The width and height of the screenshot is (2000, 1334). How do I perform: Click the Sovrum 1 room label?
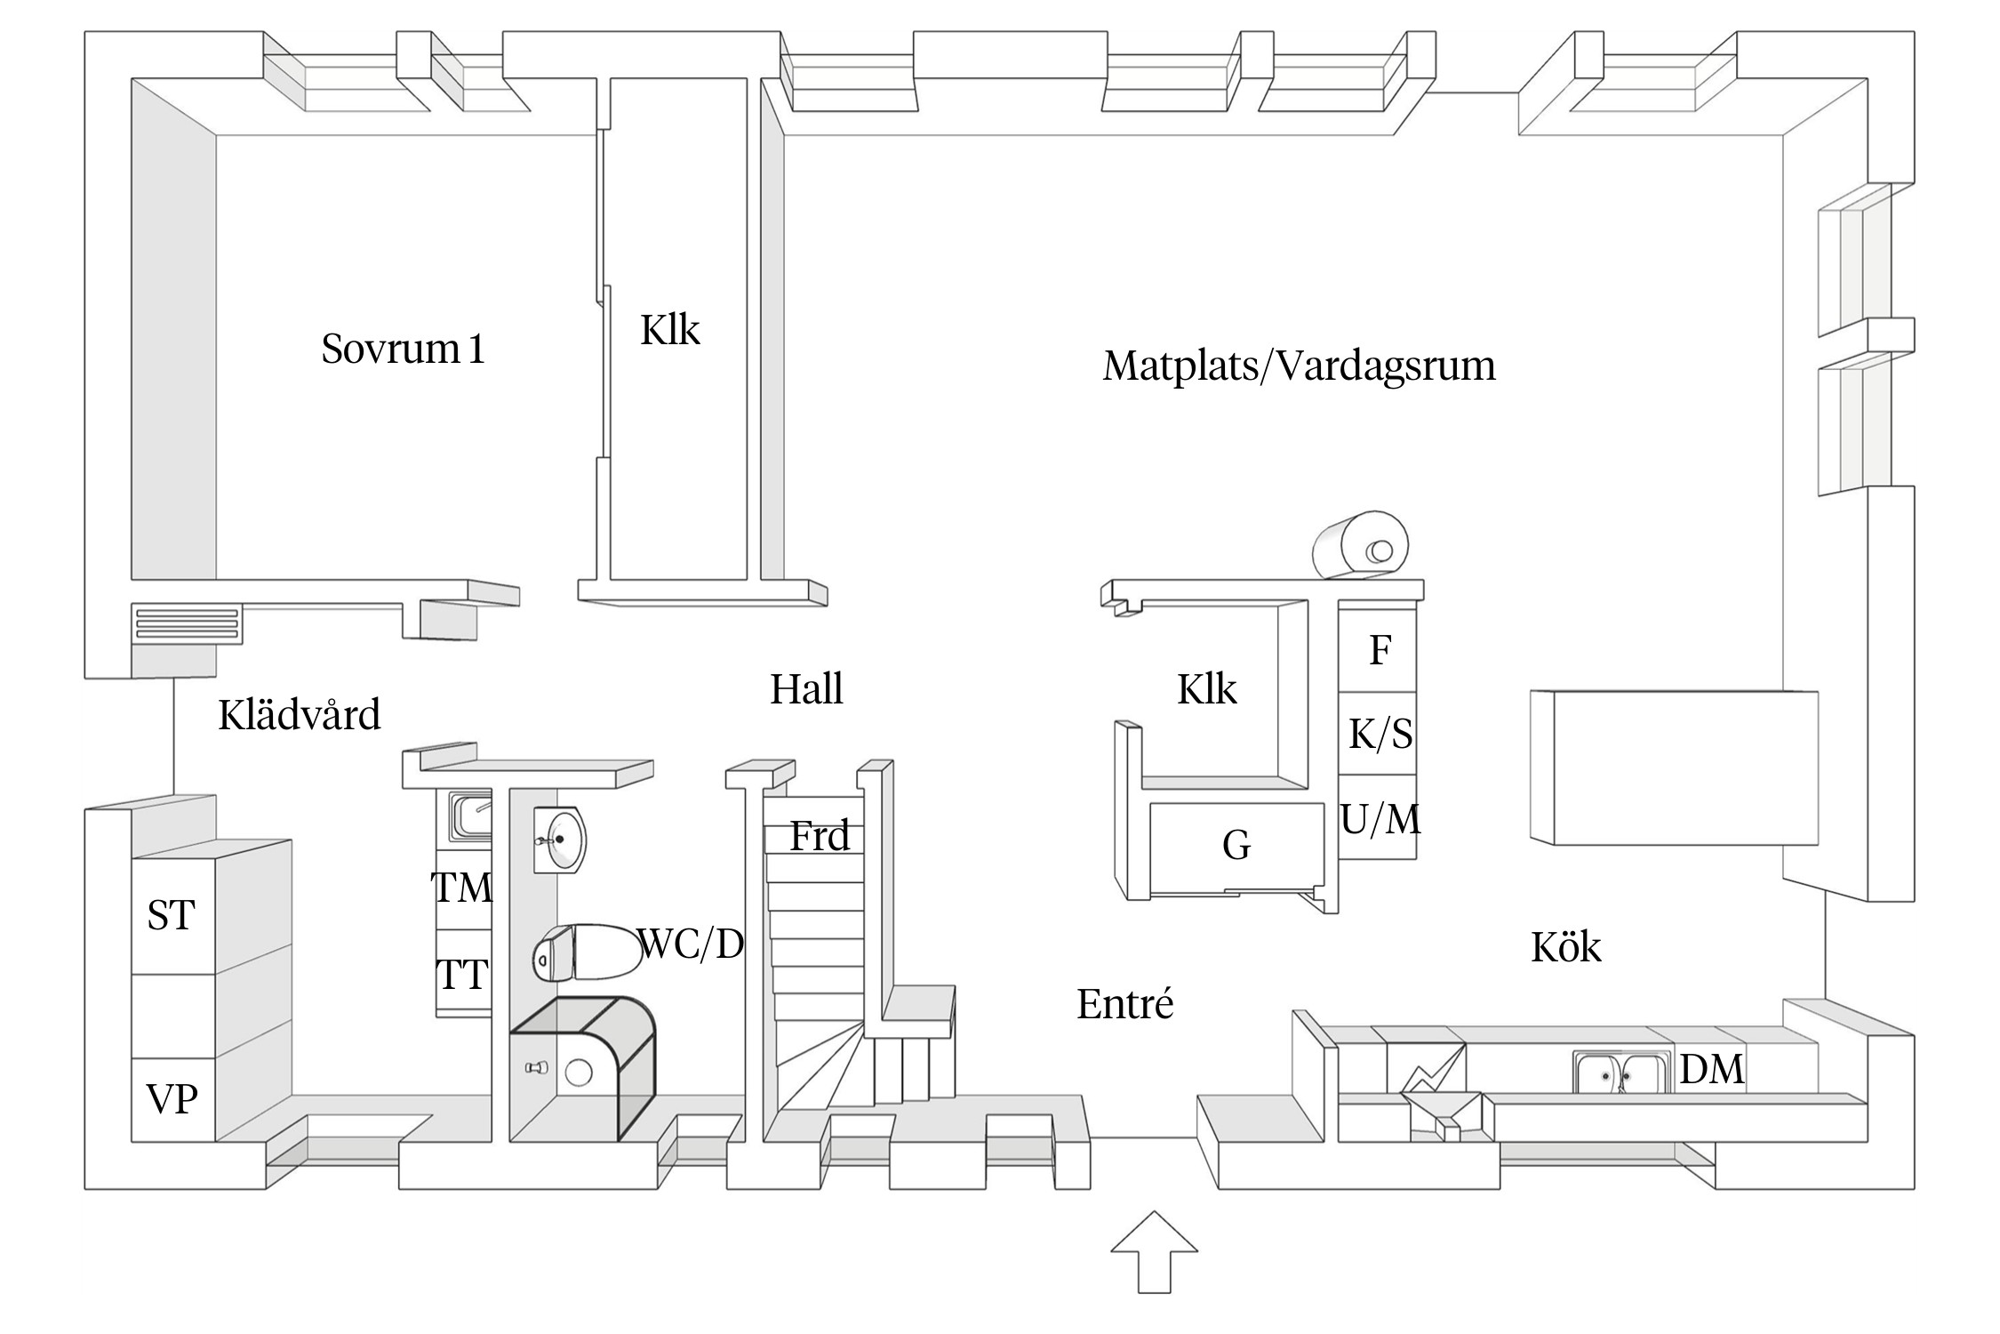[x=403, y=349]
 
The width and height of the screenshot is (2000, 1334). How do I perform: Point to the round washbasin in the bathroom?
[x=560, y=840]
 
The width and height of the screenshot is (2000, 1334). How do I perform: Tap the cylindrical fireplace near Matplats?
[x=1362, y=545]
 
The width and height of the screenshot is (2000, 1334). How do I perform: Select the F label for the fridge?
[x=1380, y=650]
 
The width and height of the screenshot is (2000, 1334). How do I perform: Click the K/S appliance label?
[x=1380, y=735]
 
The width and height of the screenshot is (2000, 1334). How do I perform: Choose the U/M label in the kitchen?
[x=1380, y=819]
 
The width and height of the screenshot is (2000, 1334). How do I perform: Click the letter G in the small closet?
[x=1236, y=844]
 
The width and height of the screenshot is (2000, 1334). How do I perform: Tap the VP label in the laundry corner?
[x=172, y=1099]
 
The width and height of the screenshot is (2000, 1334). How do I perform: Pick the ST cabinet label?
[x=171, y=915]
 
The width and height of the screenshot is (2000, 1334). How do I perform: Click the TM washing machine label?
[x=461, y=888]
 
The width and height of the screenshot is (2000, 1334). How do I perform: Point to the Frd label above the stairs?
[x=820, y=836]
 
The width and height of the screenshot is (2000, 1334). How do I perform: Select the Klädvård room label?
[x=300, y=715]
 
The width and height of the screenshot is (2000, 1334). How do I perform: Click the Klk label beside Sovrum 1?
[x=670, y=331]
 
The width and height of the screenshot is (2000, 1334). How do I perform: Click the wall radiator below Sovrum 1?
[x=188, y=623]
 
